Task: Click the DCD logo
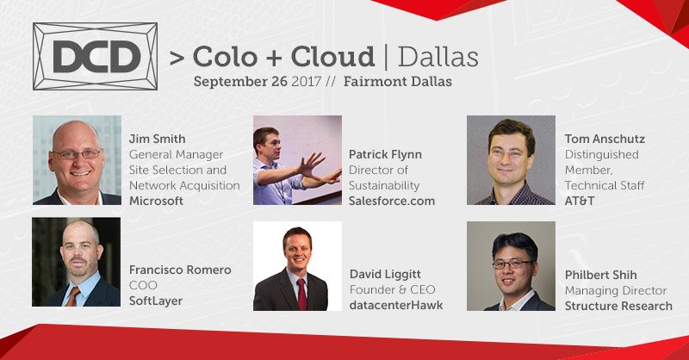point(95,56)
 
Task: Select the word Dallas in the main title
point(438,57)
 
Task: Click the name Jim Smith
point(158,138)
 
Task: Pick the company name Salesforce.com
point(392,201)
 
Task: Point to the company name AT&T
point(581,200)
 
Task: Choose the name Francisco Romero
point(180,270)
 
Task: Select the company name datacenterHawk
point(396,305)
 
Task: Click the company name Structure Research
point(618,305)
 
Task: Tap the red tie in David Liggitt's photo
point(301,293)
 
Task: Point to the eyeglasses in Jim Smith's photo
point(77,154)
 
